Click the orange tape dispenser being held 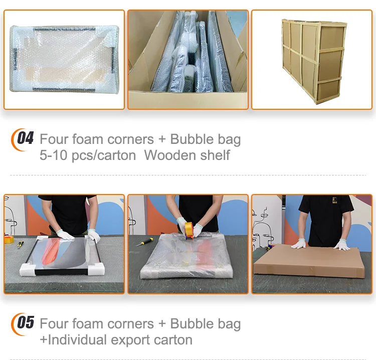pos(189,231)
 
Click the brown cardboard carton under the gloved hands pos(309,261)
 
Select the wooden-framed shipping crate pos(314,62)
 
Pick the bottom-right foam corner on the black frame pos(96,269)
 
